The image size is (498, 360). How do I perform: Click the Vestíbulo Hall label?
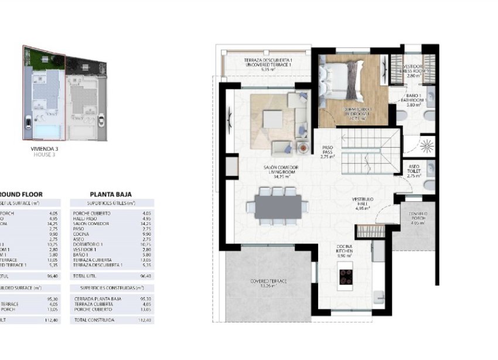[363, 203]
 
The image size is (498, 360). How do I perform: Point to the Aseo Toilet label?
[415, 171]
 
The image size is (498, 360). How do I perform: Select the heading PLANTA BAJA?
[110, 194]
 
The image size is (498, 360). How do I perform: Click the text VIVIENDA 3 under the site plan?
[45, 148]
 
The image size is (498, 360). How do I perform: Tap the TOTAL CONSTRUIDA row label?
[95, 320]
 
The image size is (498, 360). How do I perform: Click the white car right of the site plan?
[103, 121]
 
